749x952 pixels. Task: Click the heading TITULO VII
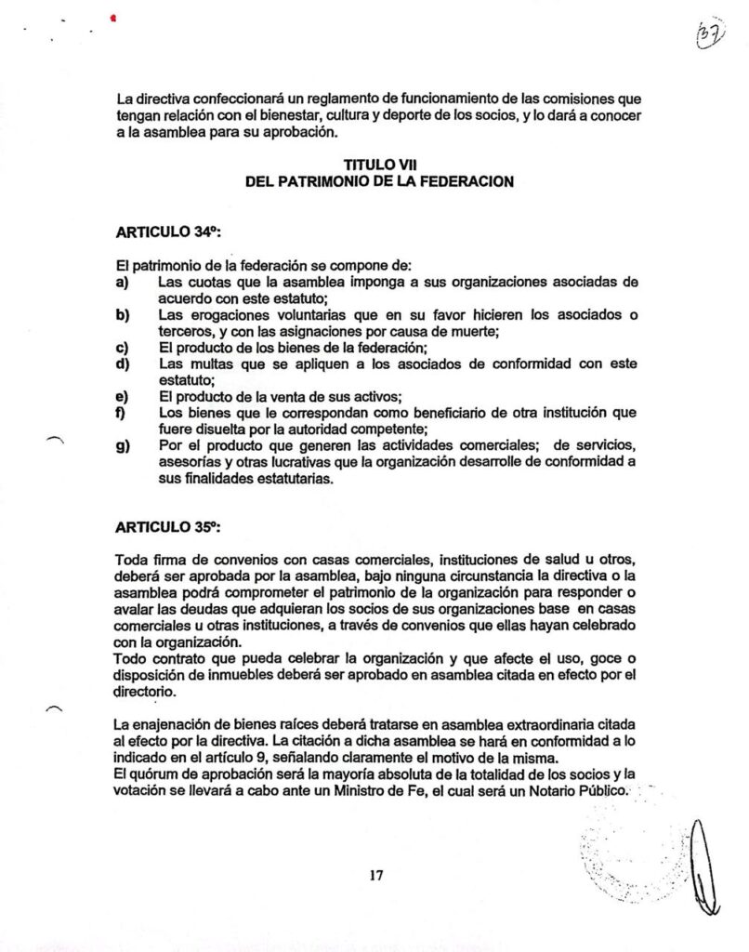pos(378,165)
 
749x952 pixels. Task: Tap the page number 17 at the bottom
pos(375,874)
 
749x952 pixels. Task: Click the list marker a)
pos(121,282)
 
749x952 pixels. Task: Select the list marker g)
pos(121,446)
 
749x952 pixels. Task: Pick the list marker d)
pos(121,364)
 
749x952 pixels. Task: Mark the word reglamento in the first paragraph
pos(308,98)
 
